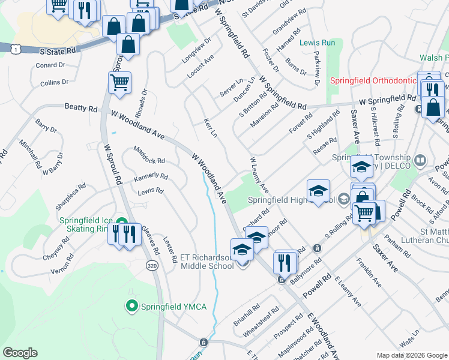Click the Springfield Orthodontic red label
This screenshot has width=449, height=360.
pos(372,80)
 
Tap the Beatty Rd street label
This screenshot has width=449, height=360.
pos(80,108)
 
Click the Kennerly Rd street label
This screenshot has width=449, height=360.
pos(151,176)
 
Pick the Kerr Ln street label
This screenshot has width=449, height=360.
pos(209,127)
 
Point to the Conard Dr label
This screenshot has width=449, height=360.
pos(50,65)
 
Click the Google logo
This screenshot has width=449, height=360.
pos(19,353)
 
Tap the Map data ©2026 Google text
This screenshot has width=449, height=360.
pos(411,355)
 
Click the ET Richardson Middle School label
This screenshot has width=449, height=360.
pos(206,262)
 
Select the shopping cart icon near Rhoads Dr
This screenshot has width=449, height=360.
pos(119,83)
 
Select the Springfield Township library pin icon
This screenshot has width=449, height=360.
pos(420,161)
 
